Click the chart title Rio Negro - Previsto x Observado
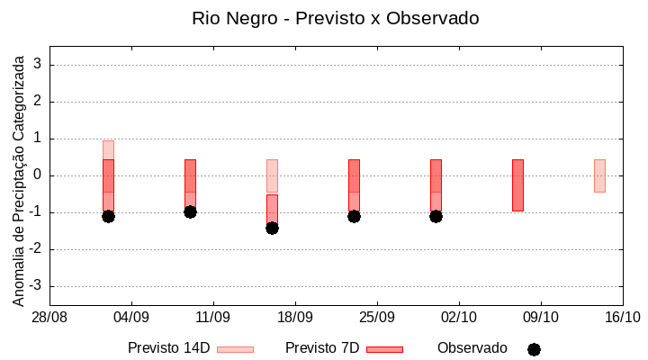point(336,18)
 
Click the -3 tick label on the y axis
point(36,286)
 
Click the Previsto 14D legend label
point(168,348)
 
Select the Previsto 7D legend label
point(322,348)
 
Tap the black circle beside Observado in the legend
point(534,349)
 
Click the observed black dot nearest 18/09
point(272,228)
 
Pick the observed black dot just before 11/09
point(190,211)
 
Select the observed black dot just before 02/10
point(436,216)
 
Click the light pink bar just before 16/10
point(599,175)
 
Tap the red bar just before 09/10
point(517,184)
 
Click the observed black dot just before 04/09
point(108,216)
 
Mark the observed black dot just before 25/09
point(354,216)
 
